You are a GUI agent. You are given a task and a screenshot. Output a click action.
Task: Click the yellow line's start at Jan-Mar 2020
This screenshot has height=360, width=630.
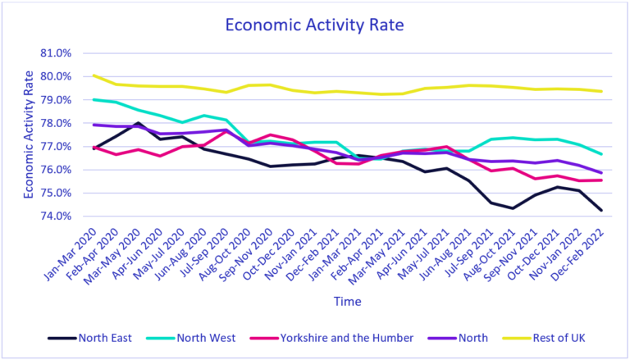pyautogui.click(x=94, y=75)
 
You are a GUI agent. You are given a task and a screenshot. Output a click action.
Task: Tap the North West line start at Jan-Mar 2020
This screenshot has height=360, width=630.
pyautogui.click(x=94, y=99)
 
